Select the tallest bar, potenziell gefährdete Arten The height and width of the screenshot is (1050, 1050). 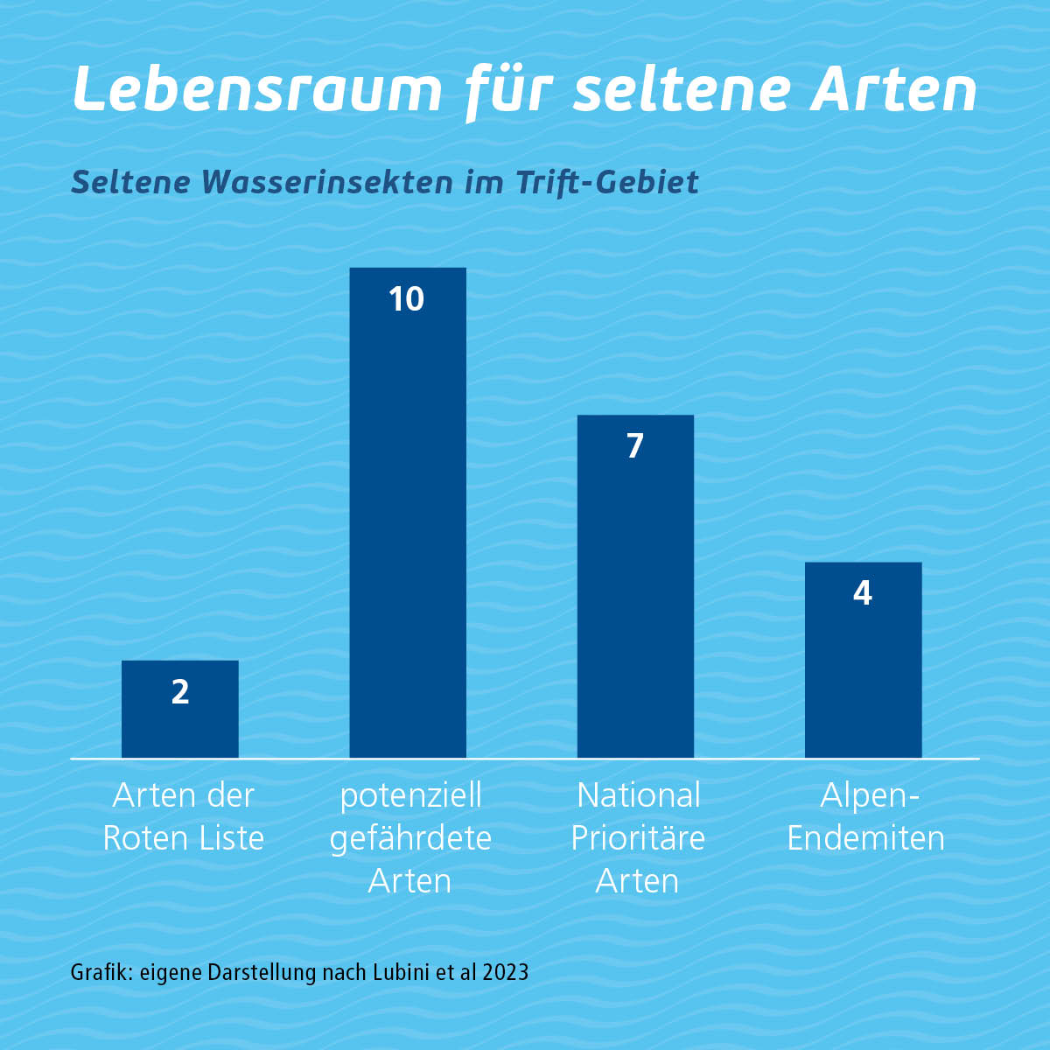click(x=408, y=525)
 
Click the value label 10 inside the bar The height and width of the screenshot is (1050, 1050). click(x=407, y=299)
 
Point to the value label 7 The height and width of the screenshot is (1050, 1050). click(x=635, y=446)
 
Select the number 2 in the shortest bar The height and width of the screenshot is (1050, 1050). click(x=180, y=692)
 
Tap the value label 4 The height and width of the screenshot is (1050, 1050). click(x=863, y=594)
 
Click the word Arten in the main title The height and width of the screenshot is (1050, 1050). click(x=894, y=89)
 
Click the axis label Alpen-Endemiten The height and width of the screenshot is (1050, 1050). click(x=865, y=816)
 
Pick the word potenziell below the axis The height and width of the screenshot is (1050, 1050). click(x=410, y=796)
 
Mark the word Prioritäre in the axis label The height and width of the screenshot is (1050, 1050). click(x=638, y=838)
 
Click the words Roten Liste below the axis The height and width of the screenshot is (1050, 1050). click(x=184, y=838)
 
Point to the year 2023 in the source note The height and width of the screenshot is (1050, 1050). click(x=506, y=972)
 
